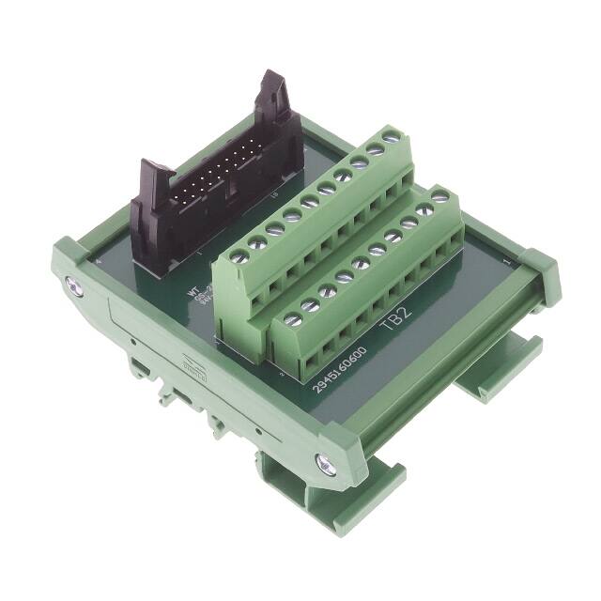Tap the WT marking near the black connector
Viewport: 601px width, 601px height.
193,294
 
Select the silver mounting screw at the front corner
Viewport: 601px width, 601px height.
326,462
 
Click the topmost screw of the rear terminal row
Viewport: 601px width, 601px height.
393,139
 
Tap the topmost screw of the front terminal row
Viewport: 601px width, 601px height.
439,197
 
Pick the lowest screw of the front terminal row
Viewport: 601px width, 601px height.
293,320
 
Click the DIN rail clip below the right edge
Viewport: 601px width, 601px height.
488,376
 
